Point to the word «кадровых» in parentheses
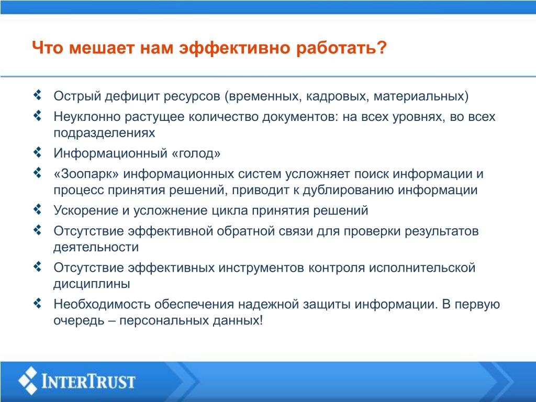pyautogui.click(x=337, y=97)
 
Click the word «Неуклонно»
pyautogui.click(x=87, y=117)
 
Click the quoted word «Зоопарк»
pyautogui.click(x=86, y=174)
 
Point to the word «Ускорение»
pyautogui.click(x=86, y=210)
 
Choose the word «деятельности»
pyautogui.click(x=96, y=248)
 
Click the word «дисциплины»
pyautogui.click(x=92, y=284)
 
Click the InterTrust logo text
pyautogui.click(x=88, y=381)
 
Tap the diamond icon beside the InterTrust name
pyautogui.click(x=28, y=381)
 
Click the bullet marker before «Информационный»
pyautogui.click(x=38, y=152)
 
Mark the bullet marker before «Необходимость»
pyautogui.click(x=38, y=303)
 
